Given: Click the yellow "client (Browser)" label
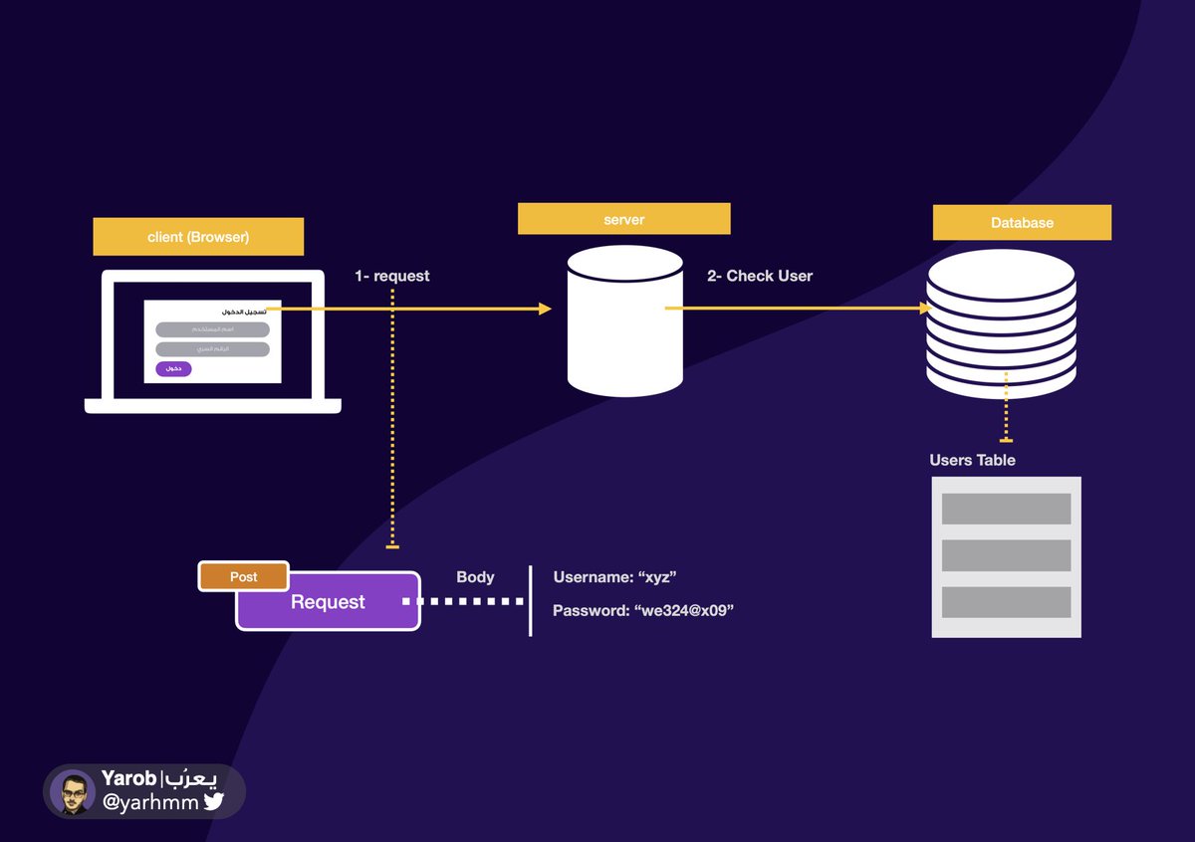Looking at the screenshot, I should pyautogui.click(x=198, y=237).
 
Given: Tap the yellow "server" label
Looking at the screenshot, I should pyautogui.click(x=623, y=219).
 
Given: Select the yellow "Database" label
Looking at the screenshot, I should pyautogui.click(x=1022, y=223).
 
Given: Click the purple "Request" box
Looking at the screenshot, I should pyautogui.click(x=328, y=602).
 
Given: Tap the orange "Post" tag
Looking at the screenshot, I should pyautogui.click(x=244, y=577).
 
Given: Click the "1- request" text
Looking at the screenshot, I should pyautogui.click(x=392, y=276).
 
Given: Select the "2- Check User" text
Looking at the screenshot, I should pyautogui.click(x=760, y=276).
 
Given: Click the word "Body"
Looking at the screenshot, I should pyautogui.click(x=475, y=577).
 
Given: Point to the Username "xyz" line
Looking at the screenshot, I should pyautogui.click(x=614, y=577).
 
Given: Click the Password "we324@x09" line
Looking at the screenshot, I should pyautogui.click(x=642, y=610).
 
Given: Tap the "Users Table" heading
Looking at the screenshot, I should pyautogui.click(x=972, y=460).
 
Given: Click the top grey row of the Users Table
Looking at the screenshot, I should pyautogui.click(x=1006, y=509).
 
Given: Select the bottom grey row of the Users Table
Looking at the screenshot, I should pyautogui.click(x=1006, y=601).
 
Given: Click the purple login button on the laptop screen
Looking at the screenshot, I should pyautogui.click(x=173, y=369).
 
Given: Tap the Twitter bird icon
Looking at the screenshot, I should pyautogui.click(x=214, y=801).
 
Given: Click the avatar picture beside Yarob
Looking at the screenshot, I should pyautogui.click(x=73, y=792).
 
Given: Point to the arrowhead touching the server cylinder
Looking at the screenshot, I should pyautogui.click(x=545, y=309).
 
